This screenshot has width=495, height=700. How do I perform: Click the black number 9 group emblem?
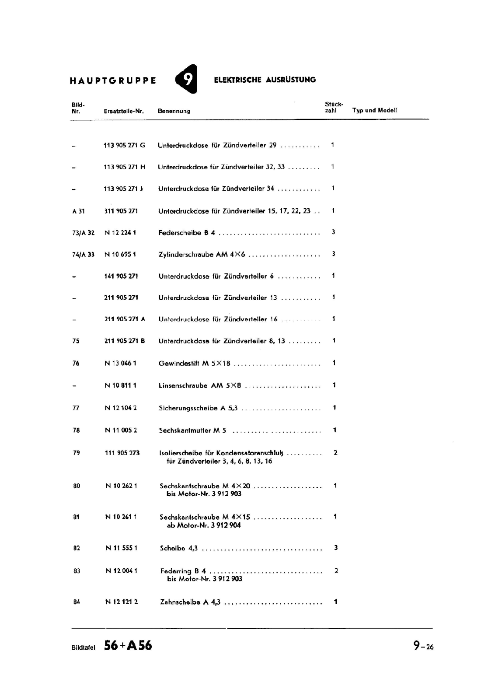click(x=187, y=79)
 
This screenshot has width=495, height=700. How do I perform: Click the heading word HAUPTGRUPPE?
click(x=113, y=80)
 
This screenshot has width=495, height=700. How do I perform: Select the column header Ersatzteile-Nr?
click(x=124, y=111)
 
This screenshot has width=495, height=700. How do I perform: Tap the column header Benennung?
click(x=174, y=111)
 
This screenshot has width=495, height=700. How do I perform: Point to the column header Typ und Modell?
click(x=374, y=110)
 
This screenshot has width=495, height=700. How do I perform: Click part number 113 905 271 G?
click(x=124, y=145)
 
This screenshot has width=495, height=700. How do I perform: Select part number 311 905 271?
click(x=121, y=211)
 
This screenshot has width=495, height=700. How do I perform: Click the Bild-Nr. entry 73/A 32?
click(x=83, y=233)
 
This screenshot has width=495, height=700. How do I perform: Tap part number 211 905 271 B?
click(x=125, y=341)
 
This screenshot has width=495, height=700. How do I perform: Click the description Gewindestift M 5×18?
click(x=194, y=364)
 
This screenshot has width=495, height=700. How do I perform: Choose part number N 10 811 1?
click(x=121, y=385)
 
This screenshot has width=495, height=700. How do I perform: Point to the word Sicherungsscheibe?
click(x=188, y=408)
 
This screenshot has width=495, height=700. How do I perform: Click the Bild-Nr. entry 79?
click(x=77, y=453)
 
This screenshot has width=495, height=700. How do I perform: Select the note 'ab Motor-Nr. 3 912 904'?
click(x=203, y=525)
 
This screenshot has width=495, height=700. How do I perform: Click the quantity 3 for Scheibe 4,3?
click(x=336, y=548)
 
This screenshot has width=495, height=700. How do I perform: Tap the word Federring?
click(x=176, y=571)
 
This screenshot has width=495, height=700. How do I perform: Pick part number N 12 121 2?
click(x=122, y=602)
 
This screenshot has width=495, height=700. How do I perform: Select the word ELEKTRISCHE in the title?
click(x=237, y=80)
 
